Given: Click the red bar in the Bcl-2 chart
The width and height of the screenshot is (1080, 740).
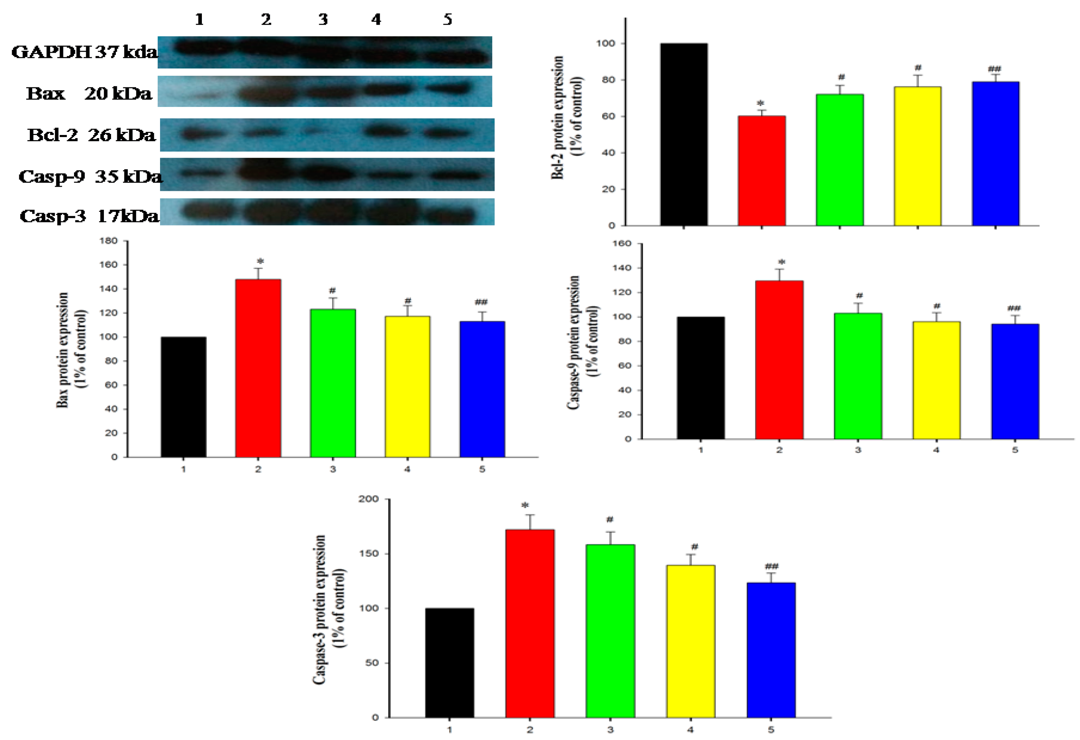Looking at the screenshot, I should [762, 171].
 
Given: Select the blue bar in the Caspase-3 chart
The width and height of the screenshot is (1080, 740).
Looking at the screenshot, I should [771, 650].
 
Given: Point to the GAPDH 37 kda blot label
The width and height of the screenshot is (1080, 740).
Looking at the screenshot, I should [84, 52].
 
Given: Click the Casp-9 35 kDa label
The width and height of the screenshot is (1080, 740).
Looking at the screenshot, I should [90, 176].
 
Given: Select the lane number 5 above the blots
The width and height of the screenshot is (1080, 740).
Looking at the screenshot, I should [447, 20].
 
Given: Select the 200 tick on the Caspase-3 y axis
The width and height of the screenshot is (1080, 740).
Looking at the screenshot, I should [368, 499].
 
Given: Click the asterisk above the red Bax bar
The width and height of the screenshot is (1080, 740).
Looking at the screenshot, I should [260, 261].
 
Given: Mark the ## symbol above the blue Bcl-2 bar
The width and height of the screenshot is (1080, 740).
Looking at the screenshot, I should [995, 69].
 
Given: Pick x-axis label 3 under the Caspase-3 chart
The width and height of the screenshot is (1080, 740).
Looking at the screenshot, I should [610, 730].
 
